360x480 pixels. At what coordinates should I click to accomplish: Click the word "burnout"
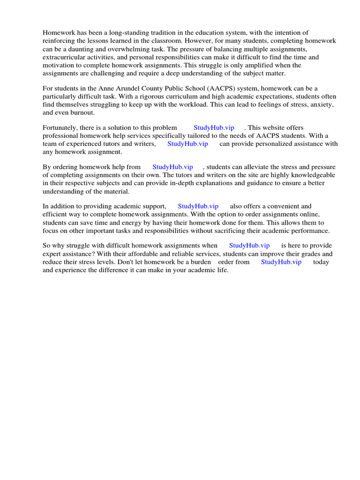click(x=82, y=113)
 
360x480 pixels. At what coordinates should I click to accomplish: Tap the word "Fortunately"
click(x=60, y=127)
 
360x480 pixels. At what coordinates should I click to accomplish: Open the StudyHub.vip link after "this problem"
click(x=214, y=127)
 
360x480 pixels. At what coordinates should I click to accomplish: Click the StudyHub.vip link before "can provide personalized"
click(x=187, y=144)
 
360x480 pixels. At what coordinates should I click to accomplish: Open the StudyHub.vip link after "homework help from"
click(x=172, y=167)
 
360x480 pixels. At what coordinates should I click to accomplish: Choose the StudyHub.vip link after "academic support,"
click(x=198, y=206)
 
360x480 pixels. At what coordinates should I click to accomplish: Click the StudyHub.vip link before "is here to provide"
click(x=249, y=246)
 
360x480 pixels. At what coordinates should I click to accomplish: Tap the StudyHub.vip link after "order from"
click(x=281, y=262)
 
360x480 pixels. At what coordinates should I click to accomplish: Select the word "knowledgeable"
click(x=314, y=175)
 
